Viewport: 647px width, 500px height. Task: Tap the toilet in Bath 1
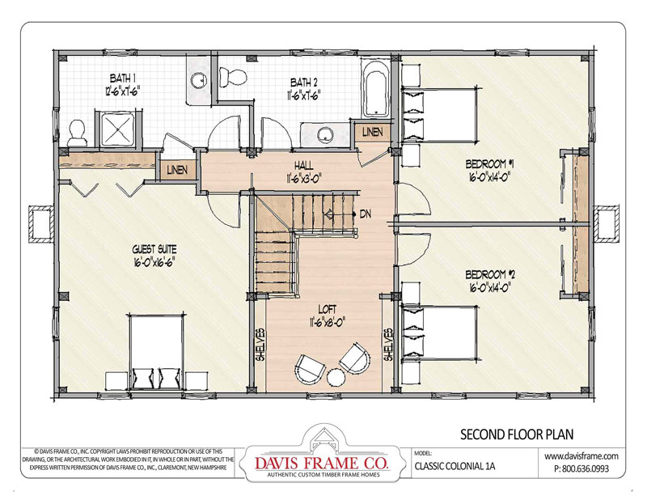[78, 130]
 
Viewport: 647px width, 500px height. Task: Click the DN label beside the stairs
[366, 214]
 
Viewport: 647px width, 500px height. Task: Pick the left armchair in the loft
[307, 369]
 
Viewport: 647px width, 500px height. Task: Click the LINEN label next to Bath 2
[372, 131]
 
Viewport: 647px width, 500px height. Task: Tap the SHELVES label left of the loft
[259, 345]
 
